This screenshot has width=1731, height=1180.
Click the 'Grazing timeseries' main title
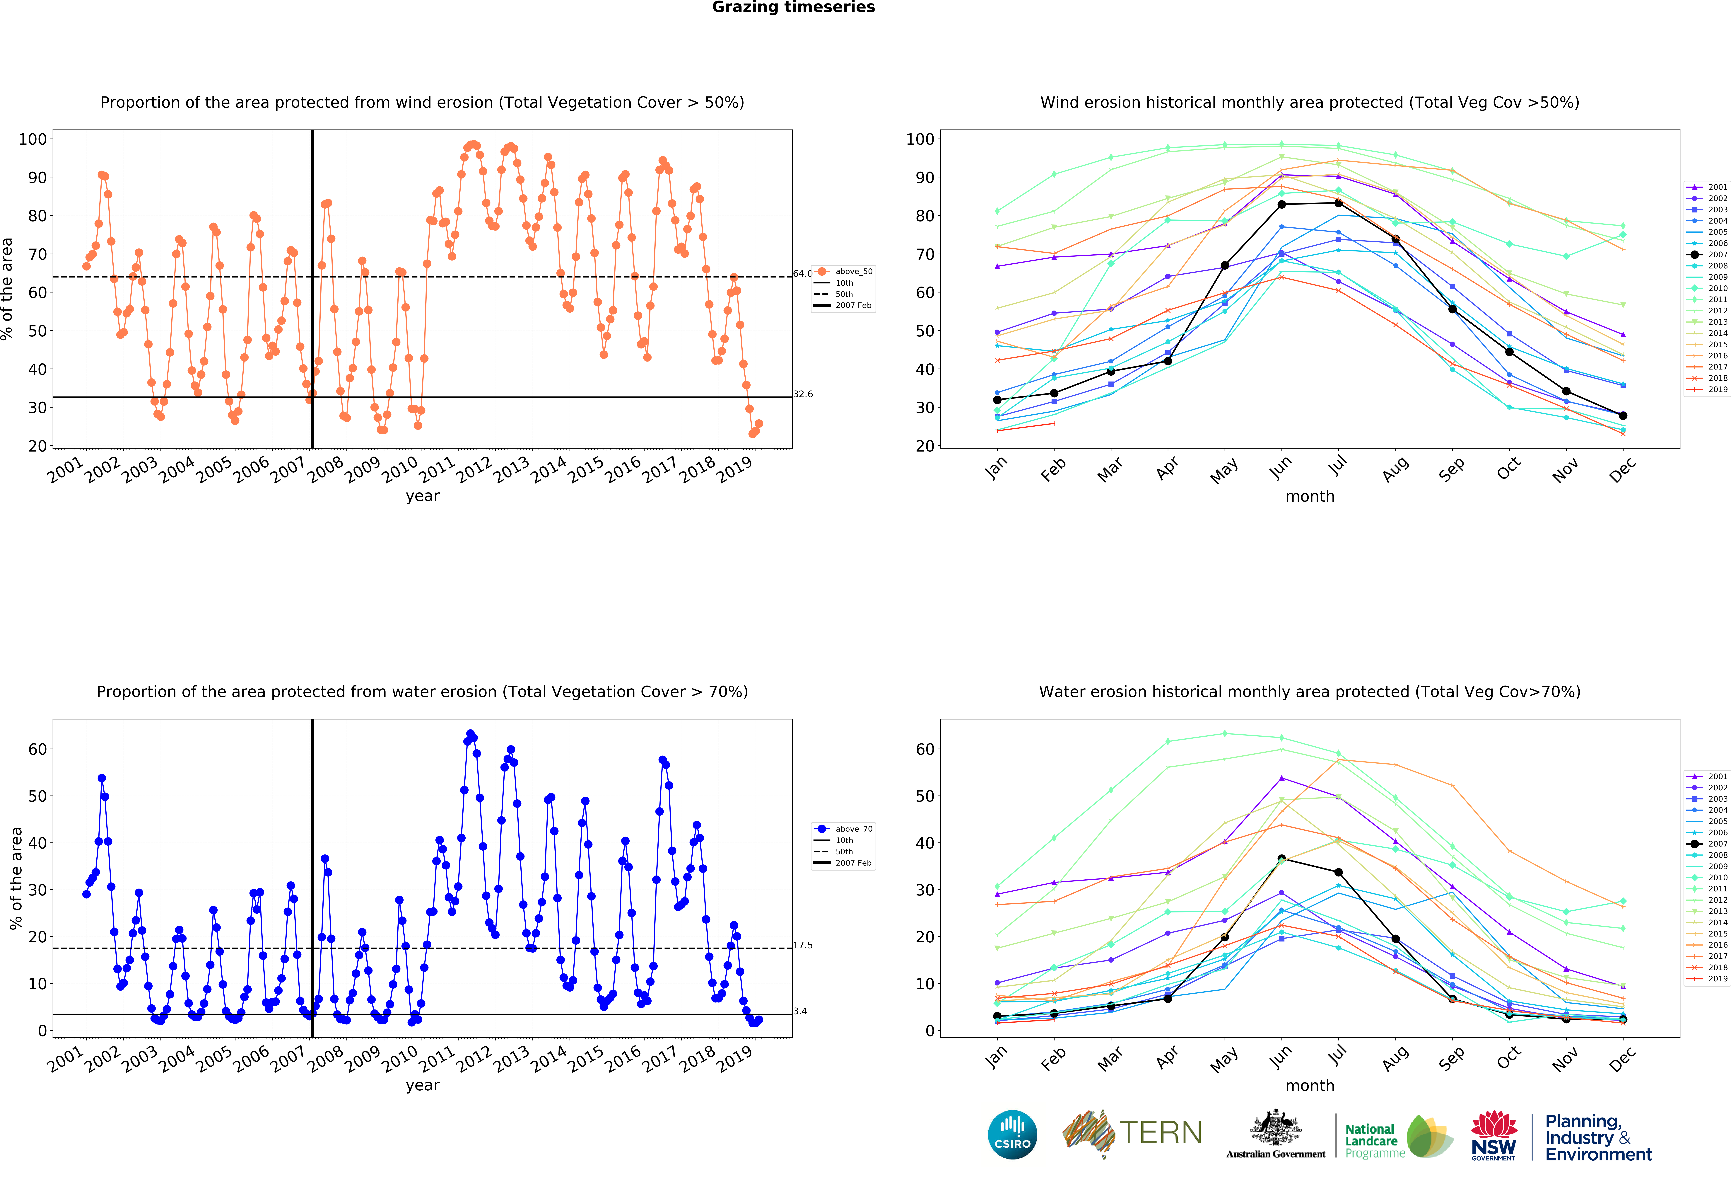(793, 7)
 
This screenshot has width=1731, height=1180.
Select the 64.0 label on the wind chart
(802, 273)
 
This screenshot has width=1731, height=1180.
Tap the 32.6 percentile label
(803, 394)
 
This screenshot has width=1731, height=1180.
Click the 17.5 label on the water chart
(803, 945)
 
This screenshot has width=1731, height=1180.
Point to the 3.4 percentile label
(800, 1011)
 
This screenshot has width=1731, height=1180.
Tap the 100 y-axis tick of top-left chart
(33, 139)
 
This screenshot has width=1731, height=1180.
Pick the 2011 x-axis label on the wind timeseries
(437, 469)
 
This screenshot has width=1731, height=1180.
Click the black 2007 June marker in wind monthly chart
(1281, 204)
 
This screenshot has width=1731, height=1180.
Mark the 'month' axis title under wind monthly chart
(1309, 496)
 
